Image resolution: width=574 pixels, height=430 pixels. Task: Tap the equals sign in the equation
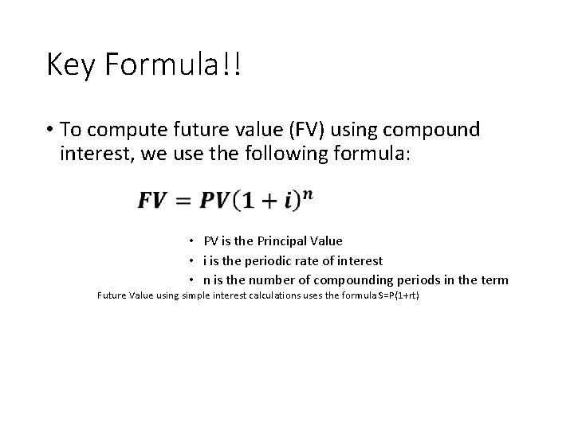click(x=183, y=200)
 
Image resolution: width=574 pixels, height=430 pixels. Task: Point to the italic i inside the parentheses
click(x=292, y=200)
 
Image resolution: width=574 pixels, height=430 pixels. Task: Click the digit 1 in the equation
click(x=248, y=200)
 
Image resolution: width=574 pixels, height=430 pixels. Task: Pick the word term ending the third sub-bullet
click(x=494, y=279)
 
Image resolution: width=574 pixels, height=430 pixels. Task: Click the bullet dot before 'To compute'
click(x=49, y=131)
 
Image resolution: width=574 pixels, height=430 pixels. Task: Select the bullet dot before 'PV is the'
click(x=192, y=241)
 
